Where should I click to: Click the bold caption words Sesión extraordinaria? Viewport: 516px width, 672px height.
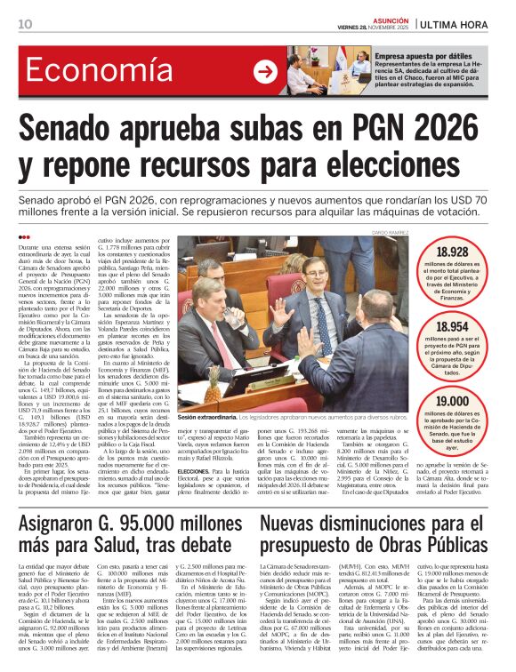pos(207,416)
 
